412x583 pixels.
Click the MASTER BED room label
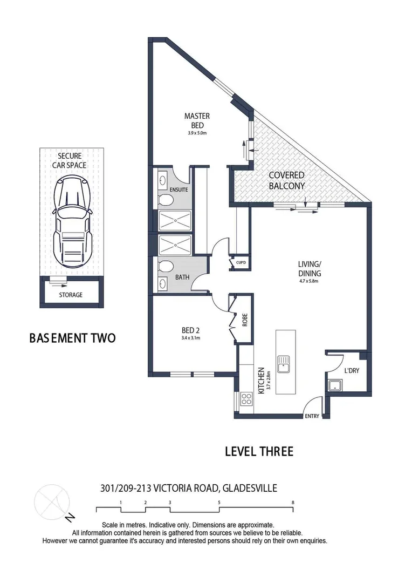coord(197,120)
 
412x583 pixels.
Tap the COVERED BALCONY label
coord(286,180)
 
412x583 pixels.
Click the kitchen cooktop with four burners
coord(247,399)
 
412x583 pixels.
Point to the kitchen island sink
coord(284,364)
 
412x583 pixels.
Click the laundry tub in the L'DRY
coord(335,385)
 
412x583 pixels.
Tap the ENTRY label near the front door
coord(312,416)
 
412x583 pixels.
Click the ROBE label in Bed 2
coord(244,321)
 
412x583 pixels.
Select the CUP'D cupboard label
coord(241,263)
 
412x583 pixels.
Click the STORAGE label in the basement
coord(71,295)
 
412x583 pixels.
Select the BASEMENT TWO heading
coord(72,338)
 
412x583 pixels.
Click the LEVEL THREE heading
coord(259,451)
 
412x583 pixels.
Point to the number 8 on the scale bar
coord(293,502)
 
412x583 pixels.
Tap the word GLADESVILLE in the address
coord(249,488)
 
